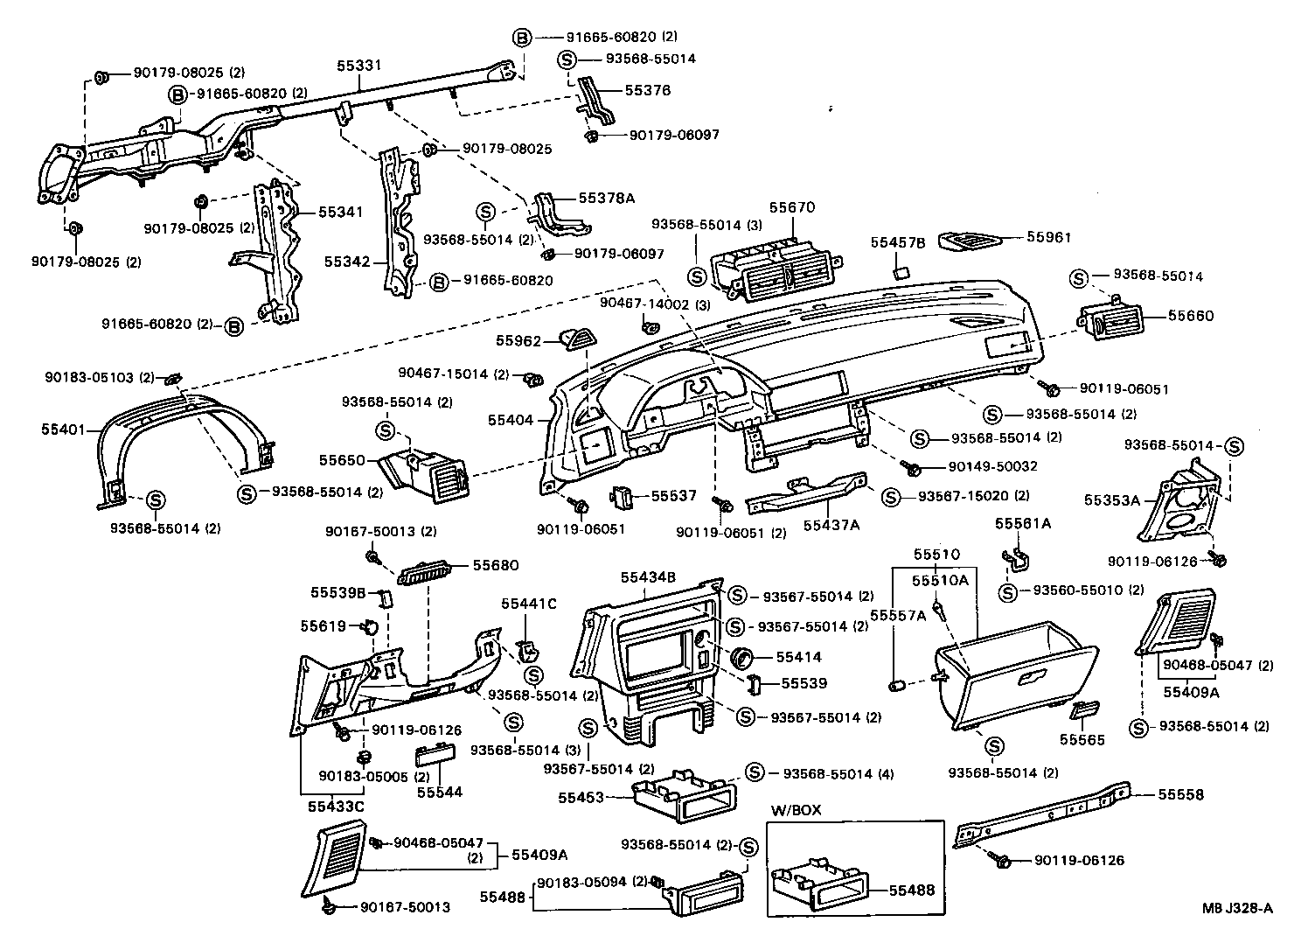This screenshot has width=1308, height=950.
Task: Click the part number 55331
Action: point(359,66)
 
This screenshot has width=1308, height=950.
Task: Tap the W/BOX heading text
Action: point(796,810)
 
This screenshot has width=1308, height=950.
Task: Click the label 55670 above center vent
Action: point(791,208)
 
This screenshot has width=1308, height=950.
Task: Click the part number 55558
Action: point(1180,794)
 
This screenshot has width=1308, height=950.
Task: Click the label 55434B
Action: point(648,577)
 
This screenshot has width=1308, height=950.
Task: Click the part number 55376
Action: point(648,90)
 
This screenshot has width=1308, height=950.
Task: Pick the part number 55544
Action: point(439,792)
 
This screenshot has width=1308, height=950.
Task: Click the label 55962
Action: point(519,341)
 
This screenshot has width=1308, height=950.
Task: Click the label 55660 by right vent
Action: point(1191,316)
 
